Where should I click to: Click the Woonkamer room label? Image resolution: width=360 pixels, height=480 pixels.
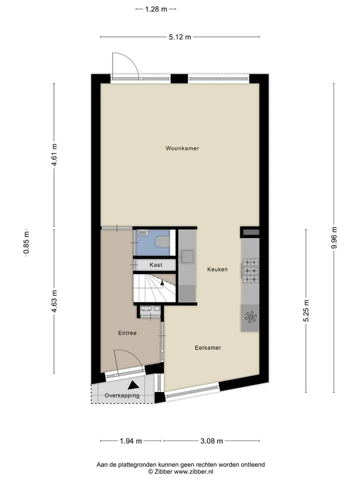182,148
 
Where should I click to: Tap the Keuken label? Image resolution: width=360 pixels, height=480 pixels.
217,269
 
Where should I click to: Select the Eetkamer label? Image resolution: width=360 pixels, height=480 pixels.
208,348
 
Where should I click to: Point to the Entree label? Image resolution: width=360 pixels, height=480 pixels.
127,333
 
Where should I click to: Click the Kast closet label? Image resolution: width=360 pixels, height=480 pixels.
156,265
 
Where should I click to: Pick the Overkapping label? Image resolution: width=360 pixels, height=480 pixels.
122,395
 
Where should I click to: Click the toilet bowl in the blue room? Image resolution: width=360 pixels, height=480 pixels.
162,242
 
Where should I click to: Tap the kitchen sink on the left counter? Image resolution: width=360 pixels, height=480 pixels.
186,256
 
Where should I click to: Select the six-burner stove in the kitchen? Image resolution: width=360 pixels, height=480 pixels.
250,271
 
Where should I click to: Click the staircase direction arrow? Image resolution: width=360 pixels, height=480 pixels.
162,284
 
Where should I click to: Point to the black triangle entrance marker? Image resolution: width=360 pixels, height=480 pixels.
133,384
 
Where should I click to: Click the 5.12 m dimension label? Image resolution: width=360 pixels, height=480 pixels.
179,37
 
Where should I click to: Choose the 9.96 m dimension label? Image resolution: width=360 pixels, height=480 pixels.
334,237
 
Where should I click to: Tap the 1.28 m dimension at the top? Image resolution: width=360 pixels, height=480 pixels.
156,9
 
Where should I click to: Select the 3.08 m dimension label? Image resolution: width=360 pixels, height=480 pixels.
211,441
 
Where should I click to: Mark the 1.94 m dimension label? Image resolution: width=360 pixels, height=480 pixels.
130,441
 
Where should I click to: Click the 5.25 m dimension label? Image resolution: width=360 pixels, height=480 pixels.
306,310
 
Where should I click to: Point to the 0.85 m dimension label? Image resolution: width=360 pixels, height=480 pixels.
26,242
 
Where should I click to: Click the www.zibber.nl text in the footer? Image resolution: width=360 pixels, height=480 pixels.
193,471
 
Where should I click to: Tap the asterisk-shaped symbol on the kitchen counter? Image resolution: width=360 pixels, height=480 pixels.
250,317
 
